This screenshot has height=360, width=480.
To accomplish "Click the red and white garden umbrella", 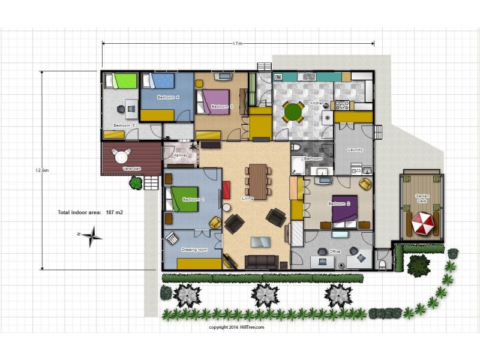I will coord(422,225).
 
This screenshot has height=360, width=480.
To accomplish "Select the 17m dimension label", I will coord(238,43).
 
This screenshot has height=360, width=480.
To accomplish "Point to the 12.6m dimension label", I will coord(41,170).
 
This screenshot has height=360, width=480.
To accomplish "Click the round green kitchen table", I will coord(294,112).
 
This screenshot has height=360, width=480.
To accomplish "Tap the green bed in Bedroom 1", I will coord(184,199).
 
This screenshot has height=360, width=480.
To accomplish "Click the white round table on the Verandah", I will coord(122,157).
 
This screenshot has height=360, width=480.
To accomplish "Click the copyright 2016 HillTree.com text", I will coord(236,328).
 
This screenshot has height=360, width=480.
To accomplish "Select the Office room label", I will coord(335,251).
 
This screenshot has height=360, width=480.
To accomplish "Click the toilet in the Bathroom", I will coord(295,148).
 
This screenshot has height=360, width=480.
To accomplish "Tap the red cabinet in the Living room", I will coord(226,190).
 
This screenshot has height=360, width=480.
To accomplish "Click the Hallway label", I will coord(181,155).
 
